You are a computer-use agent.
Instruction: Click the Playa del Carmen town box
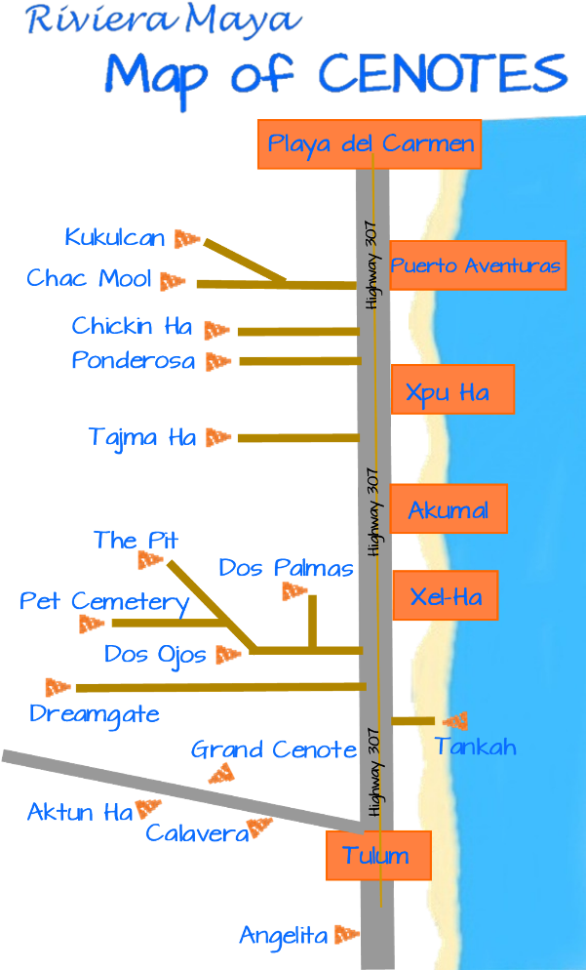tap(370, 144)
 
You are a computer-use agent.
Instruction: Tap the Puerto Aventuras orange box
tap(477, 265)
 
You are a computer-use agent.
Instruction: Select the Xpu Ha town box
tap(451, 389)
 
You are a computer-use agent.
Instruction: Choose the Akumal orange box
tap(449, 509)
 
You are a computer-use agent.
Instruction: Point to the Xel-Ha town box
tap(445, 595)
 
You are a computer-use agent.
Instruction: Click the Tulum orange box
tap(377, 856)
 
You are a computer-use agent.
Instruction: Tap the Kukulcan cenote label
tap(115, 237)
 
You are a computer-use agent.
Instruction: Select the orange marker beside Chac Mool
tap(173, 281)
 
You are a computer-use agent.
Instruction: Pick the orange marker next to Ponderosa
tap(217, 361)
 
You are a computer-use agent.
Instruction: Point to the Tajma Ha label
tap(142, 437)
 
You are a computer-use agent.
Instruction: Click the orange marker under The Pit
tap(150, 560)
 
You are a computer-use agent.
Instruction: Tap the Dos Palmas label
tap(286, 568)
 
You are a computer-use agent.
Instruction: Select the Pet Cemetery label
tap(104, 601)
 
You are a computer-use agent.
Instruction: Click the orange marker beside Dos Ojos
tap(228, 655)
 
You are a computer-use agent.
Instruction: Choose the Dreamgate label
tap(94, 713)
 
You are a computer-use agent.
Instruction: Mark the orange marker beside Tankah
tap(455, 721)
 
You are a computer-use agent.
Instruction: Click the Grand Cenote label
tap(273, 749)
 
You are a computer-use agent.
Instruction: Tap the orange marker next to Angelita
tap(345, 935)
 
